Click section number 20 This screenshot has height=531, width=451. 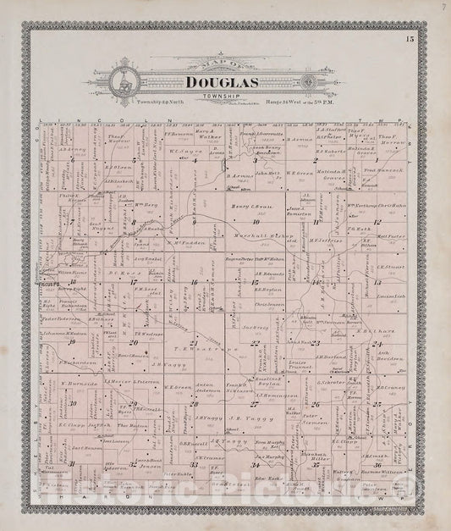pyautogui.click(x=133, y=342)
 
